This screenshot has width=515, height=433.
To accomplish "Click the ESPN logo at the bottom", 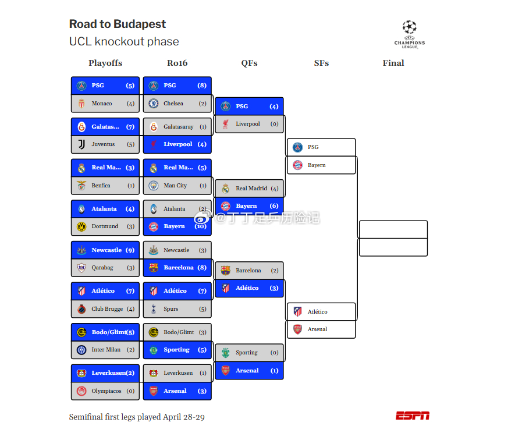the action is click(413, 416).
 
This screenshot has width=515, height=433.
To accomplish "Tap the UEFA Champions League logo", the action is click(410, 34).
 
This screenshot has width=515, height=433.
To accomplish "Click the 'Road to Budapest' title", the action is click(118, 24).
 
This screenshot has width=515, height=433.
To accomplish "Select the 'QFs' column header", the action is click(249, 63).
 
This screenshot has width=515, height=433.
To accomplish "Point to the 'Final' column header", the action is click(393, 63).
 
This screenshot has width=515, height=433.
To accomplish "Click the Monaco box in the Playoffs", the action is click(105, 104).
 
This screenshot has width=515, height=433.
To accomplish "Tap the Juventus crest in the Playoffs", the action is click(81, 144).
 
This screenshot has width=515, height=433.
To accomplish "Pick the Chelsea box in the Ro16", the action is click(177, 104).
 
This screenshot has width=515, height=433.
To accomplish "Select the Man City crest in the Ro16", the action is click(154, 186).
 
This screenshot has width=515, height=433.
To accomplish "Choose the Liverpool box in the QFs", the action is click(249, 124).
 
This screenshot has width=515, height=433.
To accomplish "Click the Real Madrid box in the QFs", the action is click(249, 189).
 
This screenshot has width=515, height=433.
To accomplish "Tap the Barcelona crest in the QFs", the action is click(226, 271).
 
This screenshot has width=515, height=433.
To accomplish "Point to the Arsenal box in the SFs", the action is click(321, 329).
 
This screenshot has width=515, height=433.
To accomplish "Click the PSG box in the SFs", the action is click(321, 147).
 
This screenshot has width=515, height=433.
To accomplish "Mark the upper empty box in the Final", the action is click(393, 229).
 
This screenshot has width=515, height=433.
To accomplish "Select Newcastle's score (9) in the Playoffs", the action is click(130, 250).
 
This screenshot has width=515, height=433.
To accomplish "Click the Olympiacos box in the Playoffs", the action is click(105, 391).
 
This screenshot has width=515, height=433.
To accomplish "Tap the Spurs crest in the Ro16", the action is click(154, 309).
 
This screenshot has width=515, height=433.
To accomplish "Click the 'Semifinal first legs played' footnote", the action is click(137, 417).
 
